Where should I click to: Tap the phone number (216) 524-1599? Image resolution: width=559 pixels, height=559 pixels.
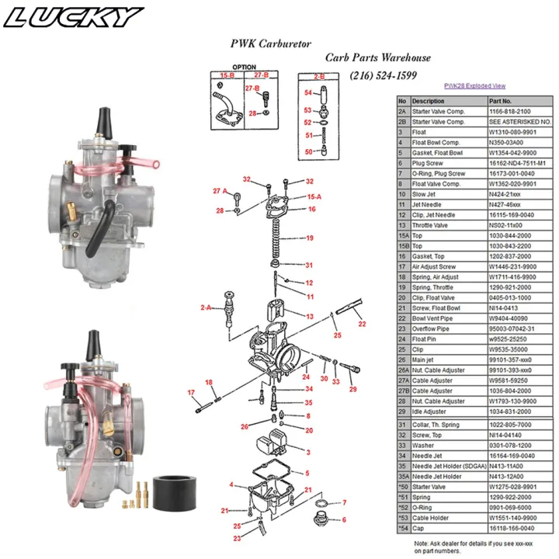(383, 75)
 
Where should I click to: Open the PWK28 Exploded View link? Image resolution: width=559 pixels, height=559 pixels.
(474, 86)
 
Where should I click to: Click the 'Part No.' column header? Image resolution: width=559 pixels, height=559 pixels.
(500, 101)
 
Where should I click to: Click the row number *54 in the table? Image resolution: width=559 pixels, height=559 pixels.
(402, 526)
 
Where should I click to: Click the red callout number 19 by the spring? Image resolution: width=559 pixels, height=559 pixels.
(309, 238)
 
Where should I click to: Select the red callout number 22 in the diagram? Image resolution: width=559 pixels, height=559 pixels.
(362, 323)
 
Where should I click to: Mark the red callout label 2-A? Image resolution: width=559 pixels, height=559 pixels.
(206, 307)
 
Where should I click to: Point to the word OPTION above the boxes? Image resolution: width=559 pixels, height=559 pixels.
(244, 68)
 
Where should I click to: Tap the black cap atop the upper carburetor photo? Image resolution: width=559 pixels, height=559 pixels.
(102, 120)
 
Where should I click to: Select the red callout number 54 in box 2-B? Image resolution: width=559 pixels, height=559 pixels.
(308, 92)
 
